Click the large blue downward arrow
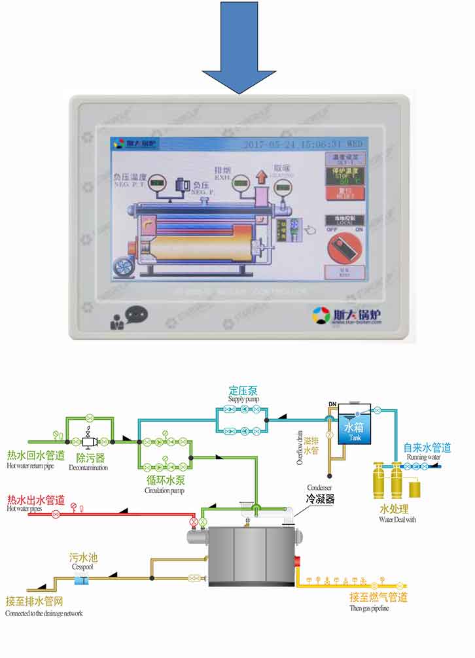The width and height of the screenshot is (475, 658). tap(238, 46)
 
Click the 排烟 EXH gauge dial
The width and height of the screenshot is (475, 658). tap(241, 181)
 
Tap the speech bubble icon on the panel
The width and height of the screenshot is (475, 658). tap(136, 316)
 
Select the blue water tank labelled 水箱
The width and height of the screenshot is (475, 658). tap(353, 429)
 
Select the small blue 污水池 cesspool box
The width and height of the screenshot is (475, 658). tap(83, 579)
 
